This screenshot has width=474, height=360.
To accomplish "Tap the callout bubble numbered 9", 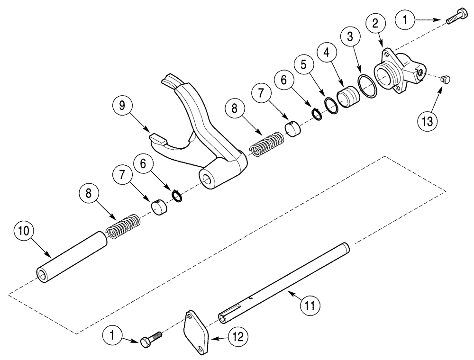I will pos(122,106).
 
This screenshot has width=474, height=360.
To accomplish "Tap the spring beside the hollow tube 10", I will pos(123,224).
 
